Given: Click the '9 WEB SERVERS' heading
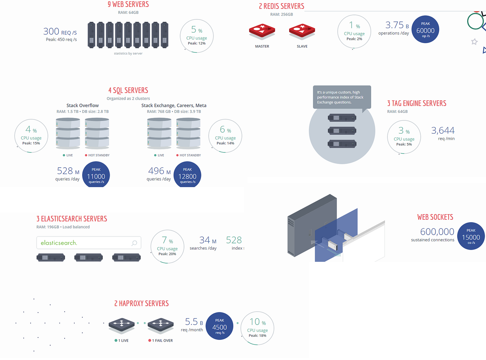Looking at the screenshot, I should (x=128, y=5).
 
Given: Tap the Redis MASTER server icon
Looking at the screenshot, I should (x=262, y=31).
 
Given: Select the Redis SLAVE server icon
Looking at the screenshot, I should (x=302, y=31).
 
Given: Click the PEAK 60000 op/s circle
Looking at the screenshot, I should (x=426, y=30).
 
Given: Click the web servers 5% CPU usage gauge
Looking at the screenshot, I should (x=197, y=36).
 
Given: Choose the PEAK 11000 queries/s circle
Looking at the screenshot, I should (x=96, y=175).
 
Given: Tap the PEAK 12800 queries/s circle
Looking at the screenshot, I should (x=187, y=175).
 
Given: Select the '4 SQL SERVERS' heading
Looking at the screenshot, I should (x=128, y=91).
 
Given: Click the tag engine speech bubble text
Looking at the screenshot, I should (x=340, y=97).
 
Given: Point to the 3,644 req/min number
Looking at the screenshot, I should (x=443, y=131).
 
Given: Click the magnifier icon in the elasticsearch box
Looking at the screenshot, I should (x=134, y=243).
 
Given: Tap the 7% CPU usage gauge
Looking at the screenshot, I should (x=167, y=246).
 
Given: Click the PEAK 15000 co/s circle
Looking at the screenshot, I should (x=471, y=236).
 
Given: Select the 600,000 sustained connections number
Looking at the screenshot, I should (x=437, y=232).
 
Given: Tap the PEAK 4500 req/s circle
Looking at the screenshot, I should (x=219, y=326).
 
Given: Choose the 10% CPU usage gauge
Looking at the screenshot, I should (x=257, y=328).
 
